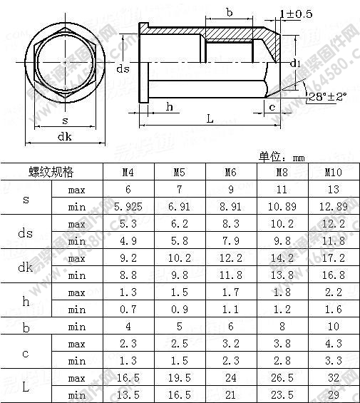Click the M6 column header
pos(230,173)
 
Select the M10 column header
pos(334,173)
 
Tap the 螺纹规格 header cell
pos(51,173)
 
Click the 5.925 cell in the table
pos(128,207)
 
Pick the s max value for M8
pos(282,190)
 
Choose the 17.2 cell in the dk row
pos(334,258)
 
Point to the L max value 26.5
pos(282,378)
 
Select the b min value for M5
pos(179,327)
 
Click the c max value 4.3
pos(334,344)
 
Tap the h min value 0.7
pos(128,310)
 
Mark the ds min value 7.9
pos(230,241)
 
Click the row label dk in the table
pos(26,267)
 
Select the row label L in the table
pos(26,387)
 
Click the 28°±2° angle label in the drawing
pos(328,96)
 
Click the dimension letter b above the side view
pos(230,12)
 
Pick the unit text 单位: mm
pos(282,156)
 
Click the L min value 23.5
pos(282,395)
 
